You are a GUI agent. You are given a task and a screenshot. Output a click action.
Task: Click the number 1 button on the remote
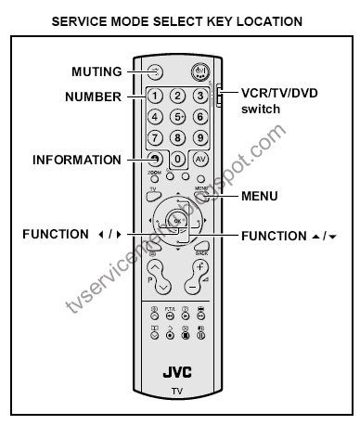[154, 96]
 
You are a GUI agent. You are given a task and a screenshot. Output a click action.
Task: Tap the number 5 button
[176, 117]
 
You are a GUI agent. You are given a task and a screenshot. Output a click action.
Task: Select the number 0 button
[176, 159]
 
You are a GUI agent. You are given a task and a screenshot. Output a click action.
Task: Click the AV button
[199, 159]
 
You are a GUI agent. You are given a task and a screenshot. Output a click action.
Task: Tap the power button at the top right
[199, 71]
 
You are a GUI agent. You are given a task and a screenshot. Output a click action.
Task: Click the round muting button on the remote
[154, 71]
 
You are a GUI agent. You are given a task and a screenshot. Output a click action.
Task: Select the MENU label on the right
[259, 197]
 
